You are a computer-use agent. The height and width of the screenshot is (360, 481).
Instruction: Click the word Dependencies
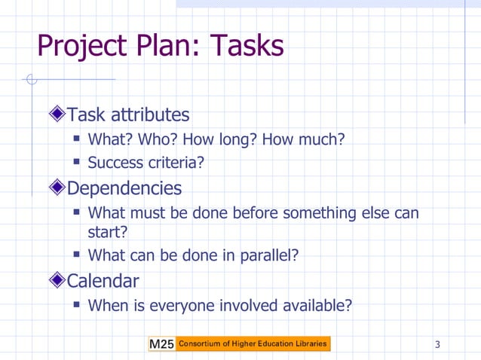[x=124, y=188]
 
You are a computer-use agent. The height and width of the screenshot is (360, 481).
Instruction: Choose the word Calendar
[x=103, y=281]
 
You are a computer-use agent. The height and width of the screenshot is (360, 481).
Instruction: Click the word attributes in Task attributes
[x=150, y=115]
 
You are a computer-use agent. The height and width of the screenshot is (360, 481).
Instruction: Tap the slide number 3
[x=437, y=345]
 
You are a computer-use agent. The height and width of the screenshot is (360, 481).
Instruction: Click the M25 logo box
[x=161, y=344]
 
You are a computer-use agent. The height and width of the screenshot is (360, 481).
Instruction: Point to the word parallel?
[x=269, y=255]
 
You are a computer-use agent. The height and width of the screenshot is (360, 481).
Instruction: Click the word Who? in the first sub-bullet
[x=166, y=139]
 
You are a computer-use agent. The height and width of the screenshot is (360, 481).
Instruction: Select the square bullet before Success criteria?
[x=77, y=163]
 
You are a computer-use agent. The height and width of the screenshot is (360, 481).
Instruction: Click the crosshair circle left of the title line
[x=31, y=79]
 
